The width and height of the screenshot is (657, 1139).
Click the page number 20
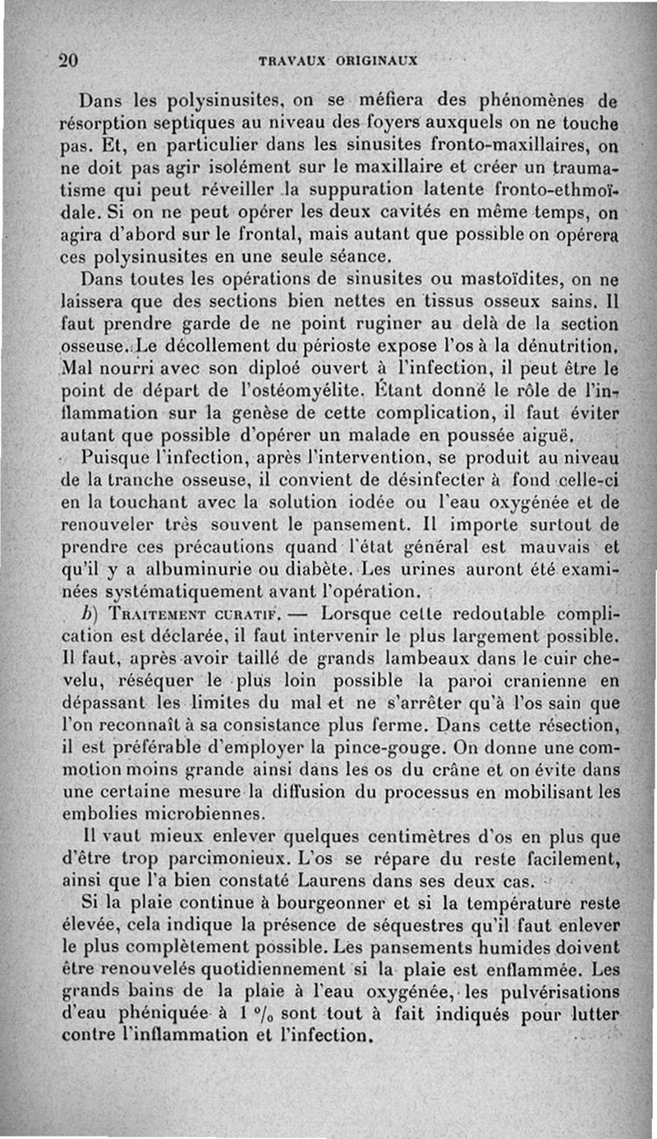[x=67, y=60]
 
